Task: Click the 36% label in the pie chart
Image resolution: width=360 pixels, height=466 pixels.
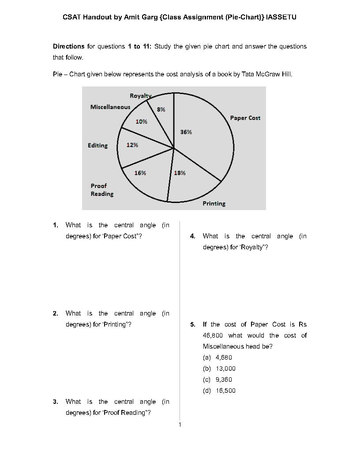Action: coord(186,132)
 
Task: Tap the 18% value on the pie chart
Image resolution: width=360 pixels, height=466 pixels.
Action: coord(180,173)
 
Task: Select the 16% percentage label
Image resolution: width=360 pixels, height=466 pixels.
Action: coord(140,173)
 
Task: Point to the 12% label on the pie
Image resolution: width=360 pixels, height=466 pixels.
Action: coord(132,145)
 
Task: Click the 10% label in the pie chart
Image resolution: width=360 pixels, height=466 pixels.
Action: coord(141,122)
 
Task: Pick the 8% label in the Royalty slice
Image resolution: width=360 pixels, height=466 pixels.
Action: coord(161,109)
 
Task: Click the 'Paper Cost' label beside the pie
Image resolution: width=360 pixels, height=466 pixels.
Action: coord(245,118)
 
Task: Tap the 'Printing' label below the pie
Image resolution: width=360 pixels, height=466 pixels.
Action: coord(214,203)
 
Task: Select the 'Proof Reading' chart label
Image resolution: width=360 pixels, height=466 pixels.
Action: coord(102,190)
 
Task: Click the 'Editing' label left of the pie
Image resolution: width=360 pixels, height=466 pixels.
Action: coord(97,146)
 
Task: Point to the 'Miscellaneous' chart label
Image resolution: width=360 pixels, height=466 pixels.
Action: coord(110,107)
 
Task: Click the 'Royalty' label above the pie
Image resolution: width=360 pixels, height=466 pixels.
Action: coord(140,96)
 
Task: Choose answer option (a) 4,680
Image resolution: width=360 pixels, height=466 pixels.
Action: coord(217,357)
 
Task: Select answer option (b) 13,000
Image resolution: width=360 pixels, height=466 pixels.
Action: coord(219,368)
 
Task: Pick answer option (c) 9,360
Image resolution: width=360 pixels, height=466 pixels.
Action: coord(217,380)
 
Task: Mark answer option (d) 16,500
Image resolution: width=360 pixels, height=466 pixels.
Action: coord(219,391)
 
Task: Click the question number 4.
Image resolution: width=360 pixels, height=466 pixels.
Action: coord(193,236)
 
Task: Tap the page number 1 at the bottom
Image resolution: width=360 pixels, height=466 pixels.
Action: coord(180,425)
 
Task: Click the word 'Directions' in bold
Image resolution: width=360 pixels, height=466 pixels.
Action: coord(68,46)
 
